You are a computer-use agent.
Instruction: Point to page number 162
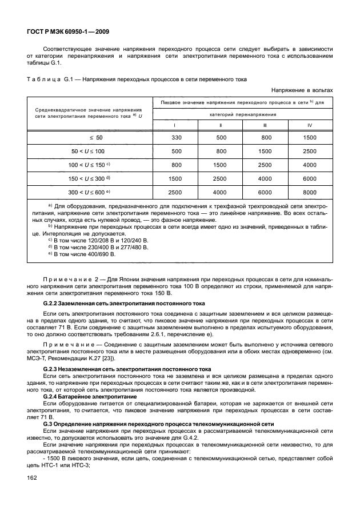point(32,495)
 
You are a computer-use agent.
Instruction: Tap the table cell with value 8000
point(310,192)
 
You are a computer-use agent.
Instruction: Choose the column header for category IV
point(310,125)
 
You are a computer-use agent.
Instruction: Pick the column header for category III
point(265,125)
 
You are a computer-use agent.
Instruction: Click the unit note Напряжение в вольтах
point(302,90)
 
